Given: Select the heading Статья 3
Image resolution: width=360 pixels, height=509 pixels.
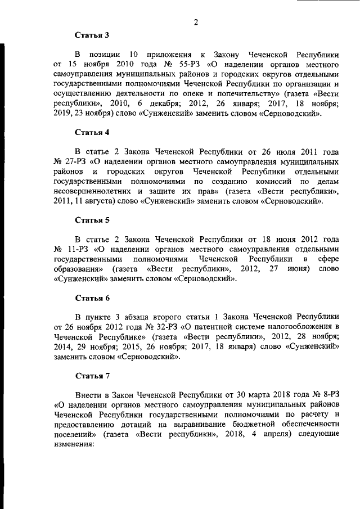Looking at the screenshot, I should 92,35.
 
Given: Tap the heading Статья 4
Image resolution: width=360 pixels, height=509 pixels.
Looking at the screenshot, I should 92,133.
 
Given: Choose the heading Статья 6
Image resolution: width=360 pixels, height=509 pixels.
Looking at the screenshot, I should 92,298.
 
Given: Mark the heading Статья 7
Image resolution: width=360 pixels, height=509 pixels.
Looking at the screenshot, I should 92,374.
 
